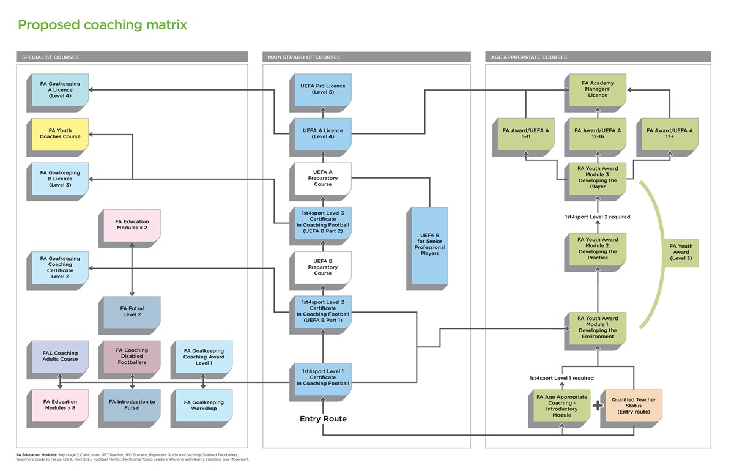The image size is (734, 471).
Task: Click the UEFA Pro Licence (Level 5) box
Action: [x=323, y=89]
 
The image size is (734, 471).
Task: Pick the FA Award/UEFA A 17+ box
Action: [x=669, y=133]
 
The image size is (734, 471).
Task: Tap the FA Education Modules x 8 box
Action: [x=60, y=404]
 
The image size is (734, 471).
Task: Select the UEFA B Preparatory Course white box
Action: [x=323, y=268]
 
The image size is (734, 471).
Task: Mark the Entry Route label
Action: [x=323, y=419]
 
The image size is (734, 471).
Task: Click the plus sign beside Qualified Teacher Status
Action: [x=598, y=404]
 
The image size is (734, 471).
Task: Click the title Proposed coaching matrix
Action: [x=102, y=25]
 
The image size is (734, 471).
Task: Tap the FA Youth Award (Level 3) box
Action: [x=681, y=252]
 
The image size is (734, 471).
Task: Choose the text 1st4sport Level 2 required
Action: [x=597, y=217]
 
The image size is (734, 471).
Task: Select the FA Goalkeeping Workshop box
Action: [x=204, y=405]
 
